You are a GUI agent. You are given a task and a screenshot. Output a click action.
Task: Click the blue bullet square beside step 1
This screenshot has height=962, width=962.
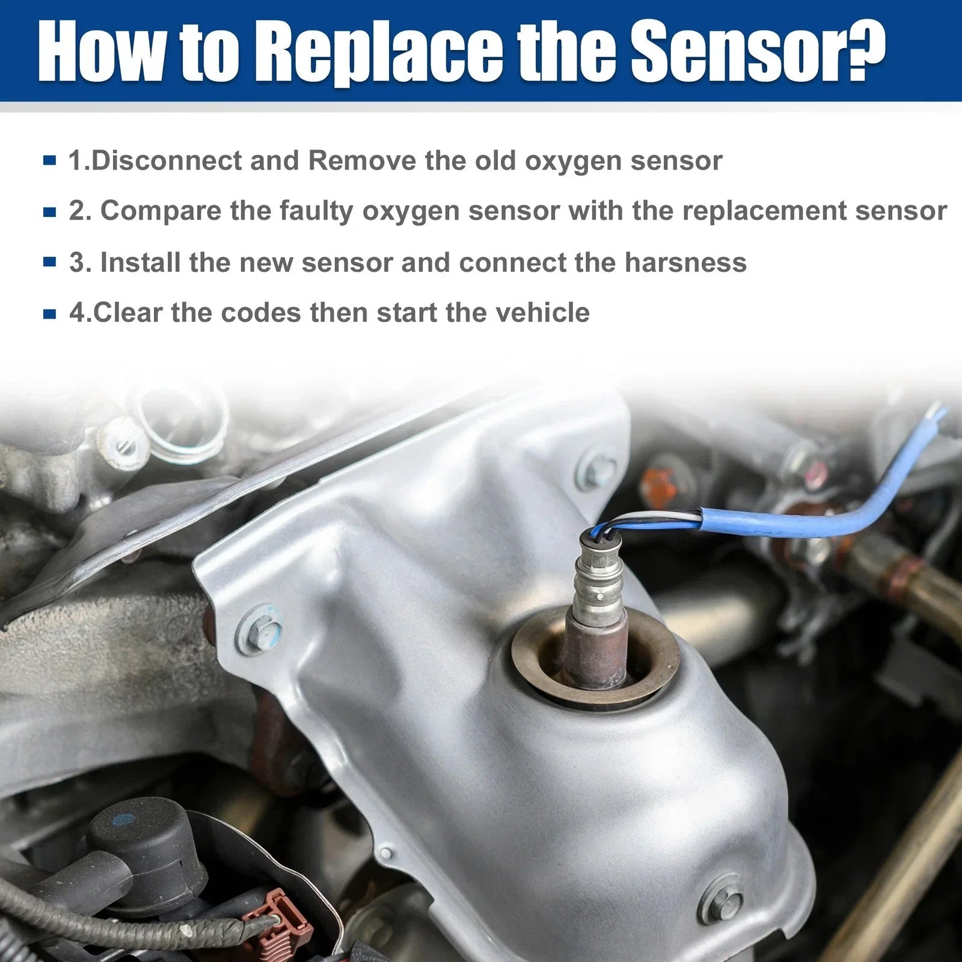pos(51,161)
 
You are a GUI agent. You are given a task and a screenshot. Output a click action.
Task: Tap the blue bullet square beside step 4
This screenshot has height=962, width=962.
pos(51,313)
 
